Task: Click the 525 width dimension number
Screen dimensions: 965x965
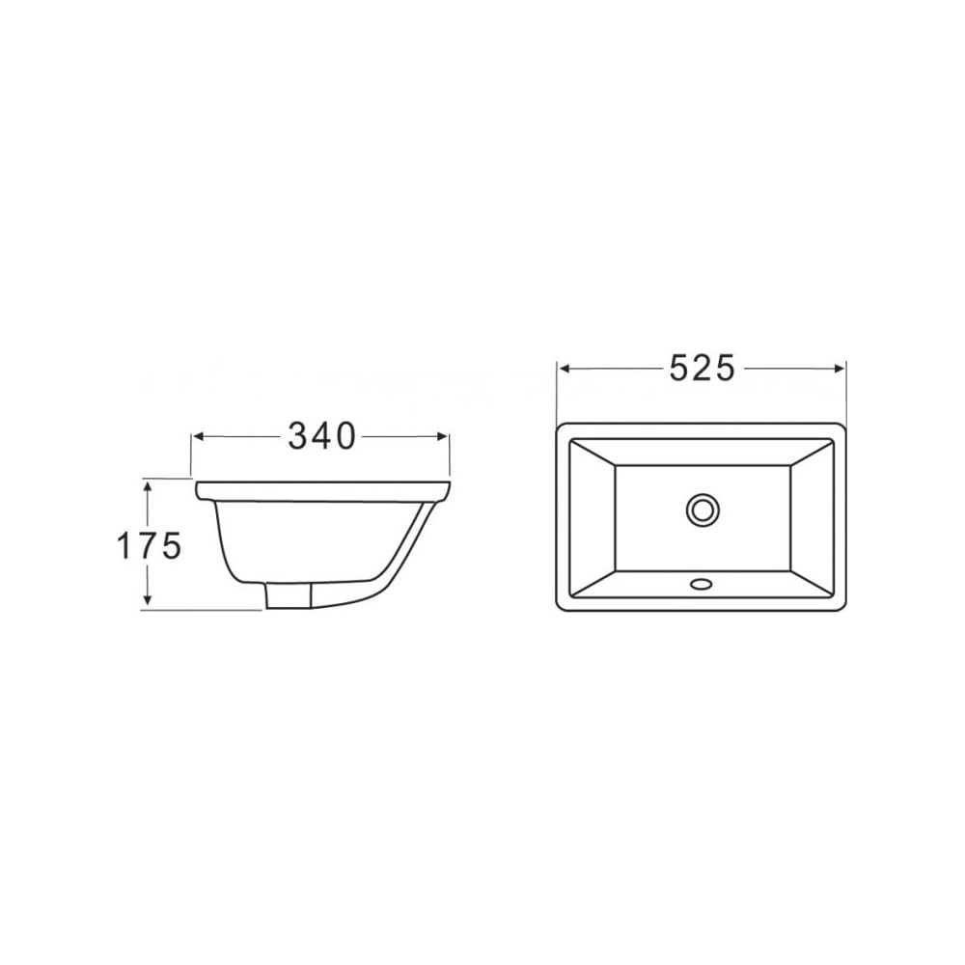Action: (702, 369)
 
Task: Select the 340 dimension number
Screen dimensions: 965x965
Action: (322, 436)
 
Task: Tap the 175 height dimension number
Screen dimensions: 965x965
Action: (149, 546)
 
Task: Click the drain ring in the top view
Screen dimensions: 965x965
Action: (702, 510)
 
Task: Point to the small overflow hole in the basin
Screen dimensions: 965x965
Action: (701, 583)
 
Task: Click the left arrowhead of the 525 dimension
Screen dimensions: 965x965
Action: (564, 369)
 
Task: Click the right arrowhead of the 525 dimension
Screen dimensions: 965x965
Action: (839, 369)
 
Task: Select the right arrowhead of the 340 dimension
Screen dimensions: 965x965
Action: (442, 436)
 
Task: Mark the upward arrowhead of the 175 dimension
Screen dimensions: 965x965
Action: (147, 487)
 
